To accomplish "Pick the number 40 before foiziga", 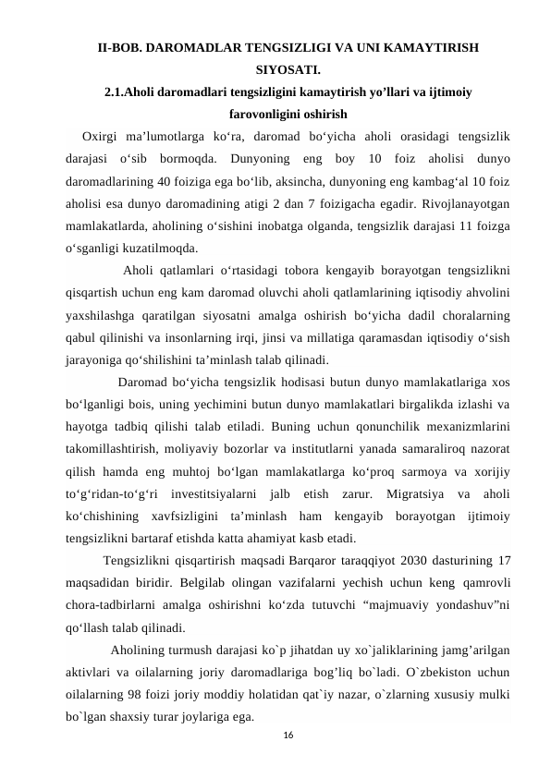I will (x=174, y=183).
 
